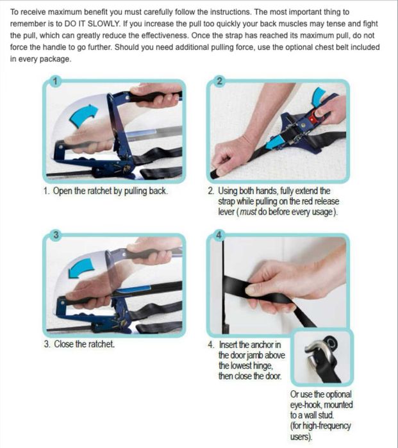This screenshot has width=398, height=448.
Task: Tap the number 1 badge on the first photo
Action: pyautogui.click(x=55, y=81)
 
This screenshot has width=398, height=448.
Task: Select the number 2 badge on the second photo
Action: pyautogui.click(x=219, y=81)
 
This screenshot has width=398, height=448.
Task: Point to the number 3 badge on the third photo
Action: pyautogui.click(x=56, y=235)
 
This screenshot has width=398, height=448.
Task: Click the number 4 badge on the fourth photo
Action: pyautogui.click(x=219, y=235)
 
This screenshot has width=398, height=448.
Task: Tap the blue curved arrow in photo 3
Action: pyautogui.click(x=81, y=269)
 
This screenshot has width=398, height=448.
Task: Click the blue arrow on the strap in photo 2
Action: pyautogui.click(x=274, y=142)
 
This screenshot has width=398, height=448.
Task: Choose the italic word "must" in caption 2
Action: pyautogui.click(x=248, y=212)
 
